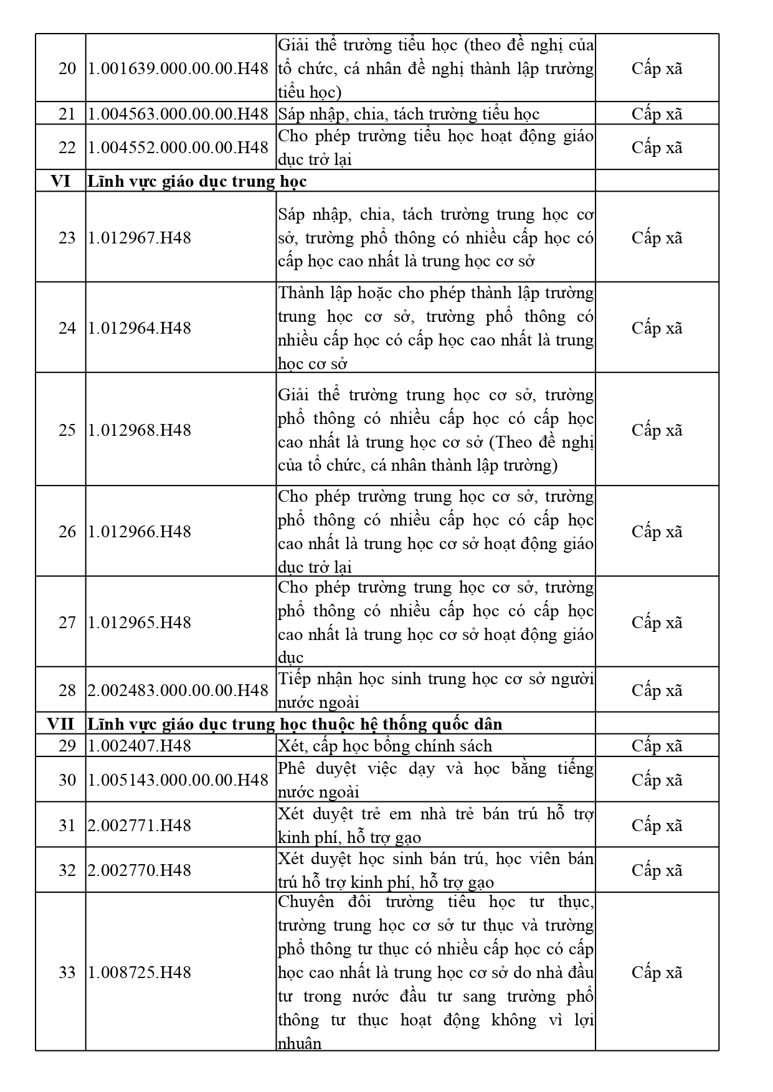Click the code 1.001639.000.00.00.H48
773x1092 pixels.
(x=178, y=68)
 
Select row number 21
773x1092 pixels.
(x=67, y=114)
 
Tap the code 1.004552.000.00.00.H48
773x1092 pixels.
(x=178, y=148)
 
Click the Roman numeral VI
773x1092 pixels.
(x=60, y=181)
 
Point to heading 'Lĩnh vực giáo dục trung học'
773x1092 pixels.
(x=197, y=181)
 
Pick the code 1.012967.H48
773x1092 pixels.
(x=140, y=238)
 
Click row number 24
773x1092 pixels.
(x=67, y=328)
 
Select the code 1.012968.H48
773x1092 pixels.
(x=140, y=430)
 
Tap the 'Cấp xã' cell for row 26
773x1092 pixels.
(x=657, y=532)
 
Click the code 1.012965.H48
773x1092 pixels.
(x=140, y=623)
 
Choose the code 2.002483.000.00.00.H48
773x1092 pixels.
(x=178, y=690)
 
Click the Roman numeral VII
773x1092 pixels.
(x=60, y=724)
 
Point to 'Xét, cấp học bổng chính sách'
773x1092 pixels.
(x=385, y=746)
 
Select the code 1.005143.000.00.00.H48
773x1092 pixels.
(x=178, y=780)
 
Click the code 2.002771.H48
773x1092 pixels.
(x=140, y=826)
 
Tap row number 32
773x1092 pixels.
(x=67, y=870)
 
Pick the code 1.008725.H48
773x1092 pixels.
(x=140, y=972)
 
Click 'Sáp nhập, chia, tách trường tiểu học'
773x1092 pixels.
(x=409, y=114)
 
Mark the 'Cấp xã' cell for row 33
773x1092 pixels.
(x=657, y=972)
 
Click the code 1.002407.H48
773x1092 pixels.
(x=140, y=746)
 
